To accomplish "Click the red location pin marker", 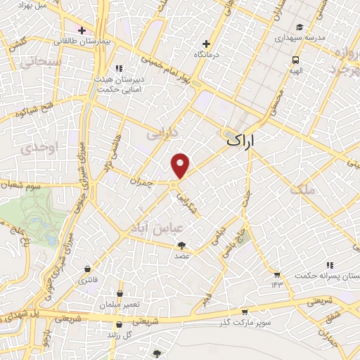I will click(181, 165).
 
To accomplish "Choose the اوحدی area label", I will click(31, 149).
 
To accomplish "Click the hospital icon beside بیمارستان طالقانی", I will click(82, 30).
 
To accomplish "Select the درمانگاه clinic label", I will click(207, 54).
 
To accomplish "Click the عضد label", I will click(181, 256).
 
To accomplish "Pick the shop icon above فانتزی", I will click(87, 269).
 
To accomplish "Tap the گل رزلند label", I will click(124, 335).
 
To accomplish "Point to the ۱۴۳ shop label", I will click(277, 283).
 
